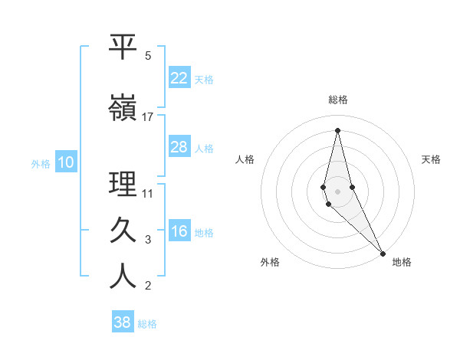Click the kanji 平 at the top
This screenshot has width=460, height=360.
click(123, 47)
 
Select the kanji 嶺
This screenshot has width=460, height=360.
click(123, 108)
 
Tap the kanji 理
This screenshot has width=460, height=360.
click(123, 185)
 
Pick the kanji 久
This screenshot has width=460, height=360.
click(123, 229)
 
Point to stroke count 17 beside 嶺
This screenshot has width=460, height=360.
click(148, 117)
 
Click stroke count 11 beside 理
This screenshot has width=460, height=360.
click(148, 193)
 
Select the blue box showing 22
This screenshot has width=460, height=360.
click(179, 78)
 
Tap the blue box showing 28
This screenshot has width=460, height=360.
click(179, 147)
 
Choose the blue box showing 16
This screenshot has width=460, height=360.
click(179, 232)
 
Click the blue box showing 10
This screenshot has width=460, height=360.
click(66, 162)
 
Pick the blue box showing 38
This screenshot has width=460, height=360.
click(123, 322)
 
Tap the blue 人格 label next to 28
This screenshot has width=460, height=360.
click(204, 149)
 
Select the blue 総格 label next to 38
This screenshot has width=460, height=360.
click(147, 324)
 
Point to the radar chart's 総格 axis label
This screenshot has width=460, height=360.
click(337, 100)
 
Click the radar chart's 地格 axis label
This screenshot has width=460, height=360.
click(402, 262)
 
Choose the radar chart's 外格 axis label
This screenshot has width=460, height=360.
click(270, 262)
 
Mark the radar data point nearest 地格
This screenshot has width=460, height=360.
click(383, 252)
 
